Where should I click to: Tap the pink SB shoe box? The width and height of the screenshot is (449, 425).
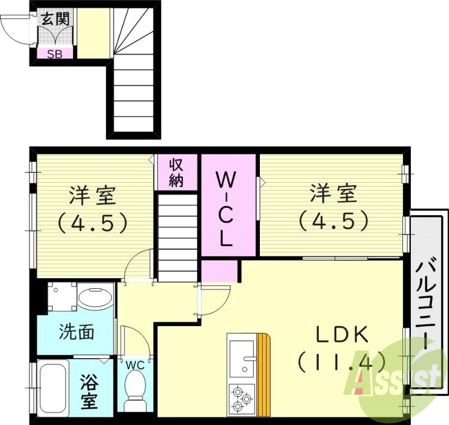[54, 54]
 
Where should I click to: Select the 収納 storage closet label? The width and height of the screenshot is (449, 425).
[177, 173]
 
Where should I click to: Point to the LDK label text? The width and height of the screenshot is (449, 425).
[341, 336]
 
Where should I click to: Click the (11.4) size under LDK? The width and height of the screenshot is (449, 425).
[341, 360]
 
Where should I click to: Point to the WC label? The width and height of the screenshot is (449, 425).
[135, 365]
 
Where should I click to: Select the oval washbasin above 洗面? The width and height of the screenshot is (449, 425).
[95, 296]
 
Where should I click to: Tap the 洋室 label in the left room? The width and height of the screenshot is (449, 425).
[92, 196]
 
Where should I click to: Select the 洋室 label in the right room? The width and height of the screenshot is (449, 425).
[333, 195]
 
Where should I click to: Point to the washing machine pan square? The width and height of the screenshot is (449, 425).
[61, 296]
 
